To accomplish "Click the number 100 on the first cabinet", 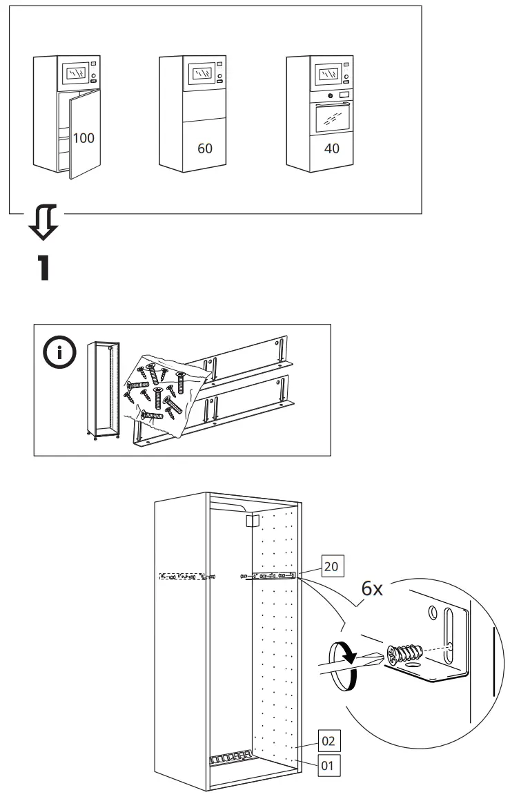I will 84,138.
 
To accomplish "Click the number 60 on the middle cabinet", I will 205,148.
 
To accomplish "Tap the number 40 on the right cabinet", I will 331,148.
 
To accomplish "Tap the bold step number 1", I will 43,269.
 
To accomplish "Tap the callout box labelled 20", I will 331,566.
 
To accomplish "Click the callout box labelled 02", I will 329,742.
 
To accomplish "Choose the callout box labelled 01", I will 329,764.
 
